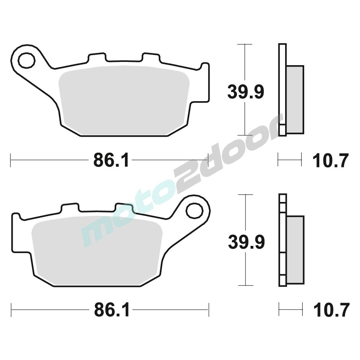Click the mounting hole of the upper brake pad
(27, 60)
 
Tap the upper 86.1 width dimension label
(111, 160)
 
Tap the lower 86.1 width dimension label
(112, 310)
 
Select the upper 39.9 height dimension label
(246, 91)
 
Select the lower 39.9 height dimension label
(246, 242)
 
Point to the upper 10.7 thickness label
(330, 160)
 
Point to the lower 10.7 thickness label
(332, 310)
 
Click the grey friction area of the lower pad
(97, 251)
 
